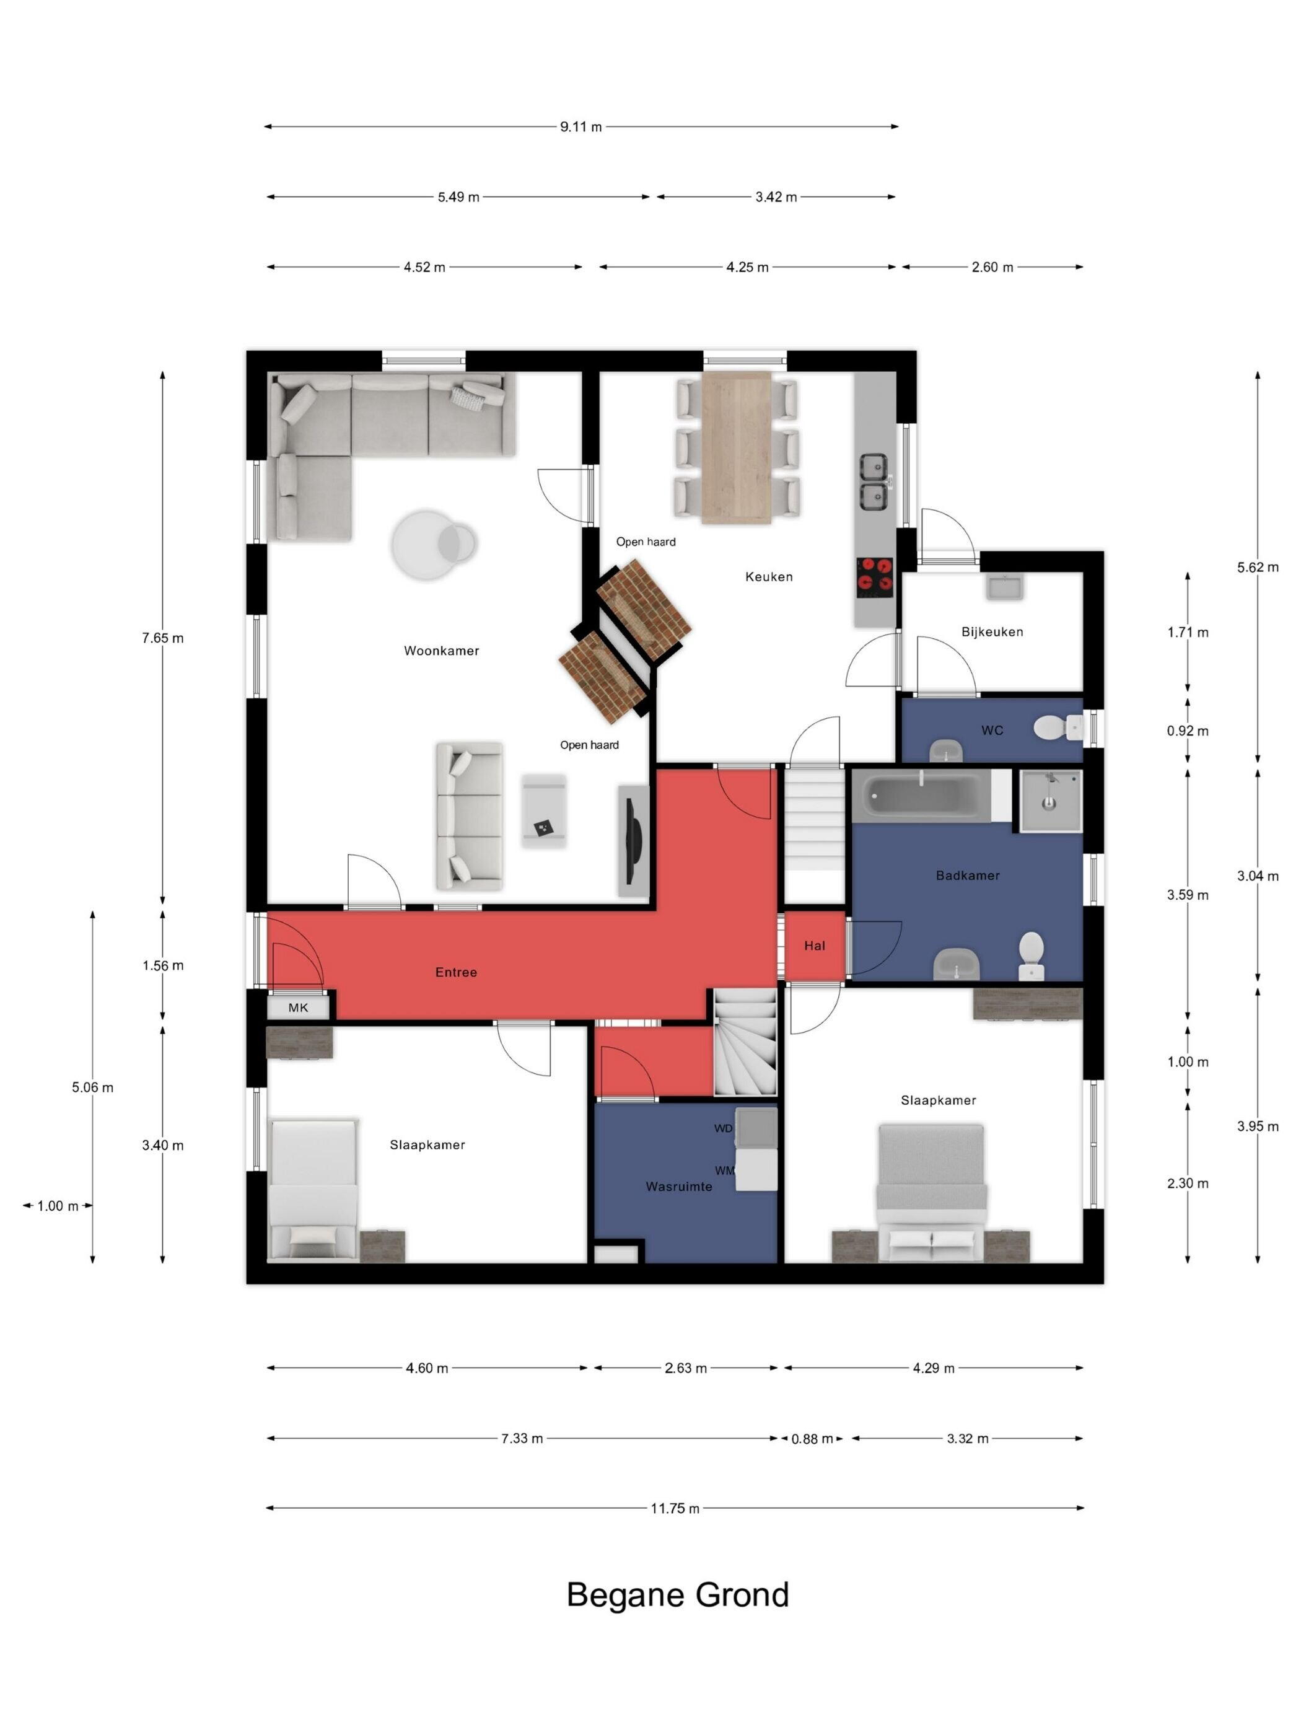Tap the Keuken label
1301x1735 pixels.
pyautogui.click(x=769, y=576)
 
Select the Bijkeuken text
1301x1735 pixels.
pyautogui.click(x=992, y=631)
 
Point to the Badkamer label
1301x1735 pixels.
pyautogui.click(x=968, y=876)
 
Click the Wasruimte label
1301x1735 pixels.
pyautogui.click(x=679, y=1187)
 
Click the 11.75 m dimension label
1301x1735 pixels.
pyautogui.click(x=675, y=1508)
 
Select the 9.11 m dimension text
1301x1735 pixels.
pyautogui.click(x=581, y=127)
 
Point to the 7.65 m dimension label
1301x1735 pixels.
pyautogui.click(x=163, y=638)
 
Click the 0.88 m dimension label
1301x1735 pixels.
pyautogui.click(x=812, y=1439)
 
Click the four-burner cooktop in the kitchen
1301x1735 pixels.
pyautogui.click(x=874, y=578)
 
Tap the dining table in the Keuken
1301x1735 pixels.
pyautogui.click(x=737, y=446)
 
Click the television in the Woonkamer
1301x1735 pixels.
pyautogui.click(x=633, y=841)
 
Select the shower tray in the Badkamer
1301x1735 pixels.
pyautogui.click(x=1051, y=800)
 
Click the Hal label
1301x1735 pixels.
pyautogui.click(x=815, y=946)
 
